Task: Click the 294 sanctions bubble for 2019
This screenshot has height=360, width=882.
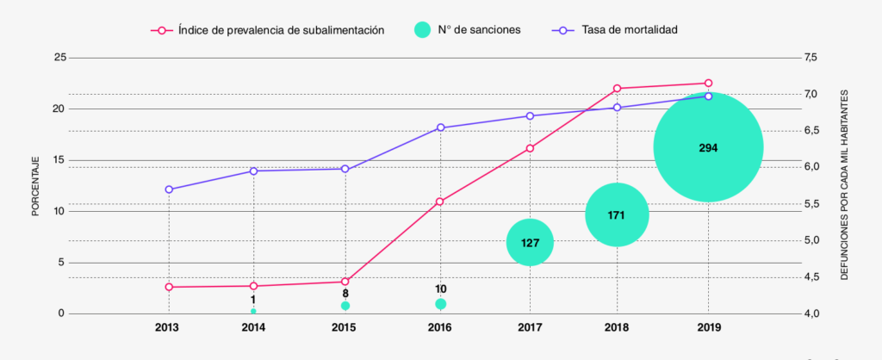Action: click(x=708, y=147)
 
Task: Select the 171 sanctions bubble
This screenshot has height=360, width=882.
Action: click(x=616, y=214)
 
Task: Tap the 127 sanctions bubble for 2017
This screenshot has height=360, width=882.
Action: click(x=530, y=242)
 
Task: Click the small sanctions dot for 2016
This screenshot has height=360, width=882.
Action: click(x=440, y=304)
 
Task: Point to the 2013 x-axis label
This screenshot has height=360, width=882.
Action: click(x=168, y=328)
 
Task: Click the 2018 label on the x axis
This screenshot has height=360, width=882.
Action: click(x=616, y=328)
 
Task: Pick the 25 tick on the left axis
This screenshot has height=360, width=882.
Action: click(x=59, y=58)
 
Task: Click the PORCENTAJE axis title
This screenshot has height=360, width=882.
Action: click(x=36, y=186)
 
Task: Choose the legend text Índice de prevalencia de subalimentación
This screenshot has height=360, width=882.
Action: click(x=281, y=30)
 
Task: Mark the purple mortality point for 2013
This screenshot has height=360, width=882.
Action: click(x=169, y=189)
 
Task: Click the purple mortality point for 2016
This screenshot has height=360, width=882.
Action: click(x=440, y=127)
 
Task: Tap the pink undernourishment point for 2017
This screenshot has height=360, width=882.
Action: click(x=530, y=148)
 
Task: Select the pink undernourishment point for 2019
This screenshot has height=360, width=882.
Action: click(x=708, y=84)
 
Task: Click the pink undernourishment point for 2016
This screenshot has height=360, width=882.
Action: click(x=439, y=202)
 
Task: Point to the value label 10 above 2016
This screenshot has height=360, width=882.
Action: click(x=440, y=289)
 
